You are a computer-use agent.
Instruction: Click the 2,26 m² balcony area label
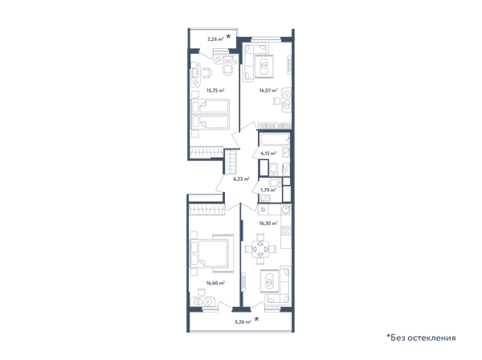click(215, 39)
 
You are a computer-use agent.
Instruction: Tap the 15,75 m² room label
click(215, 90)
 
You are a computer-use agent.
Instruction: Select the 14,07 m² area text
click(268, 90)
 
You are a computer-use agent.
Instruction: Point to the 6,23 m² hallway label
click(241, 178)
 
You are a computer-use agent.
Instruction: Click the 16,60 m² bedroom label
click(215, 283)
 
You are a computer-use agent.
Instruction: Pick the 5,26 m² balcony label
click(243, 322)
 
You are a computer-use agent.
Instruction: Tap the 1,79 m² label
click(268, 190)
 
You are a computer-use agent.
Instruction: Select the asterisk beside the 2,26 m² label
click(228, 37)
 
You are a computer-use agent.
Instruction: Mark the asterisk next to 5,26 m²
click(256, 319)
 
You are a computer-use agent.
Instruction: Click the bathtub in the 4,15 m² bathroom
click(275, 139)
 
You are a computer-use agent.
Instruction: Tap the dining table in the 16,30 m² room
click(260, 249)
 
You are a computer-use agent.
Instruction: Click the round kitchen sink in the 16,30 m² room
click(286, 210)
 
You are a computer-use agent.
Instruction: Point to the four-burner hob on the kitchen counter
click(286, 231)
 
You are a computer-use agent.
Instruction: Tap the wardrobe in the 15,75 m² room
click(206, 152)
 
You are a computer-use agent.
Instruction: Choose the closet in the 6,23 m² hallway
click(231, 162)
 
